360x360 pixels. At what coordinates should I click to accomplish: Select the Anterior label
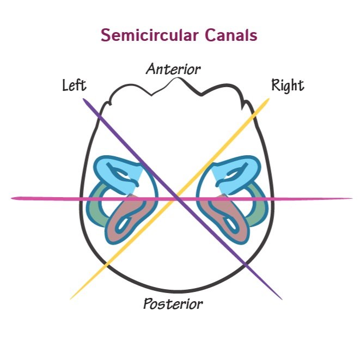click(173, 69)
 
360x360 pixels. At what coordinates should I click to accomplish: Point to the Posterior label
click(173, 304)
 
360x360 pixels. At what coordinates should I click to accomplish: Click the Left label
click(74, 86)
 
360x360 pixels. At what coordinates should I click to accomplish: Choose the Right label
click(288, 86)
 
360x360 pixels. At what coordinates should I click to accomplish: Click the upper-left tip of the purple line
click(84, 99)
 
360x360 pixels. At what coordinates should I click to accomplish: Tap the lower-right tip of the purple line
click(282, 298)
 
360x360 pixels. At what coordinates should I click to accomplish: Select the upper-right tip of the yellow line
click(269, 99)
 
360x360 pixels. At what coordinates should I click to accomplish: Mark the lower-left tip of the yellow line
click(71, 298)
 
